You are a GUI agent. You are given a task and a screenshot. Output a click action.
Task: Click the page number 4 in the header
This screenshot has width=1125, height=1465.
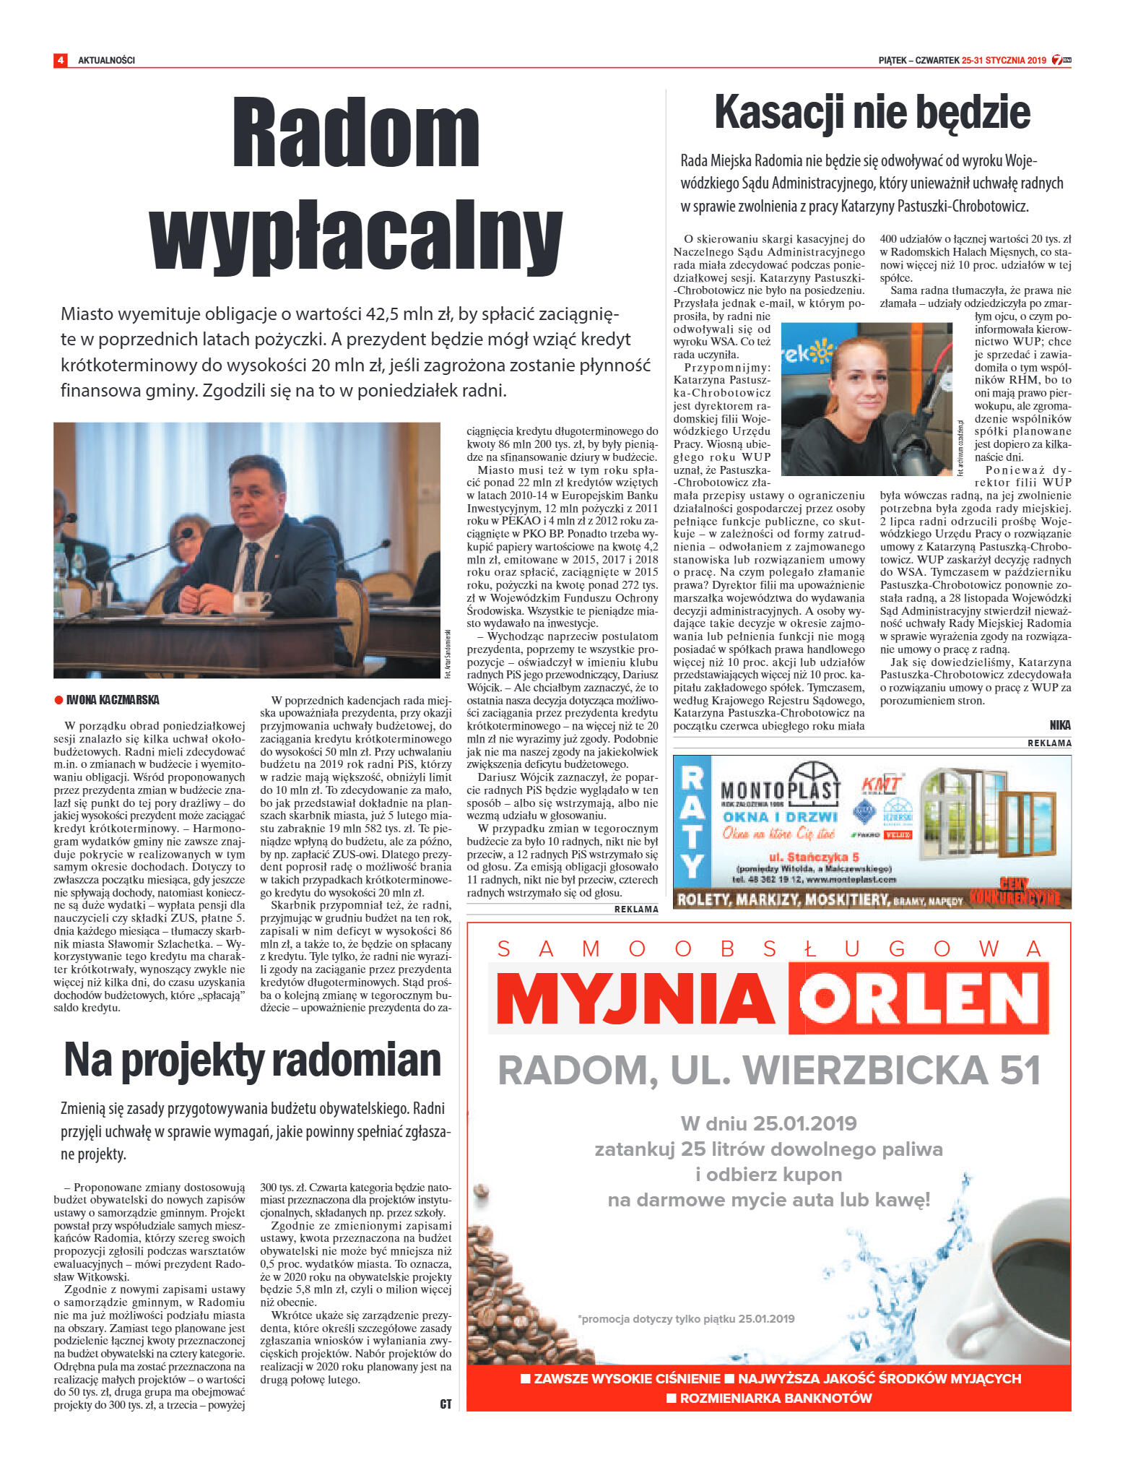(x=60, y=60)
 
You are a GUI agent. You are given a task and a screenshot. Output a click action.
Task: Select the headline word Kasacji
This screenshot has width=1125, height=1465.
(x=780, y=113)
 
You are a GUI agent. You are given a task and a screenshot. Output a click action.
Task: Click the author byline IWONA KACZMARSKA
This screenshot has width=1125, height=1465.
(x=113, y=700)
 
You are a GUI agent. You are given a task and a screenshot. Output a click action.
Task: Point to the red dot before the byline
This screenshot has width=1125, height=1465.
(x=58, y=700)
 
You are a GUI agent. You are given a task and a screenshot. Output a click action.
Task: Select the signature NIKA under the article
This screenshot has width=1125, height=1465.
(x=1060, y=725)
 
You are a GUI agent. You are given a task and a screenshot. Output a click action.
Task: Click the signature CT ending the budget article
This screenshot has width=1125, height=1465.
(x=446, y=1404)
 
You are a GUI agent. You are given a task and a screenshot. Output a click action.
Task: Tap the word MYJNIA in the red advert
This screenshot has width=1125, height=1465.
(x=635, y=998)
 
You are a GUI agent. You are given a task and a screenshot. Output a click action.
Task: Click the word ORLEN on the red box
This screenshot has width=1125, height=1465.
(x=918, y=998)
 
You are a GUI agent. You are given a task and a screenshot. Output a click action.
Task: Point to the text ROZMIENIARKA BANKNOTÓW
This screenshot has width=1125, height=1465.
(x=776, y=1398)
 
